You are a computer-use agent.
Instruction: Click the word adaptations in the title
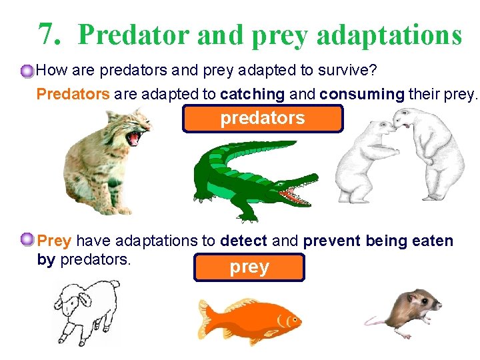click(x=389, y=35)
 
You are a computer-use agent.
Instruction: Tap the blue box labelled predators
click(x=263, y=119)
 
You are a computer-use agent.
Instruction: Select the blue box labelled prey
click(x=249, y=267)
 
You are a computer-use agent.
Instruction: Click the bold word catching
click(x=253, y=94)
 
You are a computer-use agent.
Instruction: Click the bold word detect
click(x=243, y=241)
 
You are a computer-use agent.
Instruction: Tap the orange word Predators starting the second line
click(x=73, y=94)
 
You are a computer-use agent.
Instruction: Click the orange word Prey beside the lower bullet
click(x=55, y=241)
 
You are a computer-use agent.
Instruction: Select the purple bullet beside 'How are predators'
click(x=27, y=71)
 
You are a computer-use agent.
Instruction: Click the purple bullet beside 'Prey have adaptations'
click(x=27, y=239)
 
